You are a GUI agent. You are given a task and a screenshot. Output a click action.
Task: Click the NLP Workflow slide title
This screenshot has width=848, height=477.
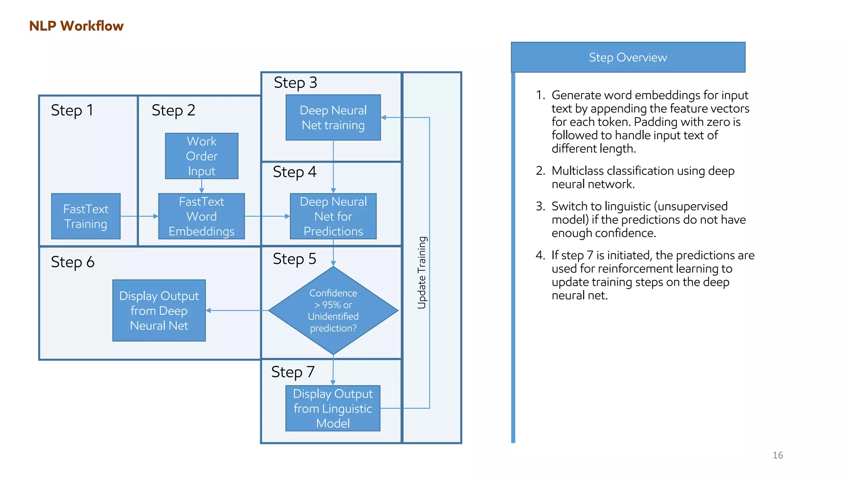click(76, 26)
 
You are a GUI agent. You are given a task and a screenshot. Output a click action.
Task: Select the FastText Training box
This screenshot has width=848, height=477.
click(86, 216)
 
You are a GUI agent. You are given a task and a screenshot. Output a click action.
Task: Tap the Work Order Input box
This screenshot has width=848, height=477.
click(202, 156)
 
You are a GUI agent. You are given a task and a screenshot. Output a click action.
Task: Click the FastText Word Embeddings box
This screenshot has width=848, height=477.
click(202, 216)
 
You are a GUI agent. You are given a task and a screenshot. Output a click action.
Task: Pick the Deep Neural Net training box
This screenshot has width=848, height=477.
click(333, 118)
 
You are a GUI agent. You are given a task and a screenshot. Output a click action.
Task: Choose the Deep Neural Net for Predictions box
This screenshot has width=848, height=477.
click(333, 216)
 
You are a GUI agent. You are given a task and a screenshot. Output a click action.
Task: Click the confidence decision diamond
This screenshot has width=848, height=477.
click(333, 310)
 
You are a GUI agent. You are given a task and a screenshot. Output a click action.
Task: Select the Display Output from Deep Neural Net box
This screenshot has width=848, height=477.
click(159, 311)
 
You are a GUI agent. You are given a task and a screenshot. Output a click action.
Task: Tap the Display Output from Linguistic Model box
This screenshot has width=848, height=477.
click(333, 408)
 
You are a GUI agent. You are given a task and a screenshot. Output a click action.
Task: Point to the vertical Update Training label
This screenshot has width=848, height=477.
click(422, 272)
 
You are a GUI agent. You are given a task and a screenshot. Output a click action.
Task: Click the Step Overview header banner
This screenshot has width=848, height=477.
click(628, 57)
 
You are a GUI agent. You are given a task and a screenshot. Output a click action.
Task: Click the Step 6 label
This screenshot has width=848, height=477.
click(72, 262)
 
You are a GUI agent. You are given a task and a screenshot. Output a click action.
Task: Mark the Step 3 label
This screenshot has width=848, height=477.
click(295, 82)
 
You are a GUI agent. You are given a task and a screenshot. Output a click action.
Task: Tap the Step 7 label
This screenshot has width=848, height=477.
click(293, 372)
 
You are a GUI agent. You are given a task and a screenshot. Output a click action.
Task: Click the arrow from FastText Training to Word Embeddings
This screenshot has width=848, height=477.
click(139, 216)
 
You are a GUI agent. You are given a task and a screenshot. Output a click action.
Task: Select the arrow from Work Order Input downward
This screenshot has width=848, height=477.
click(202, 186)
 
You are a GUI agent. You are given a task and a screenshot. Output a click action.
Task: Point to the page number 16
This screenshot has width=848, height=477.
click(778, 455)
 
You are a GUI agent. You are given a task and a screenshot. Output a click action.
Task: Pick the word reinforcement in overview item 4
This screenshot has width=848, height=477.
click(636, 269)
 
